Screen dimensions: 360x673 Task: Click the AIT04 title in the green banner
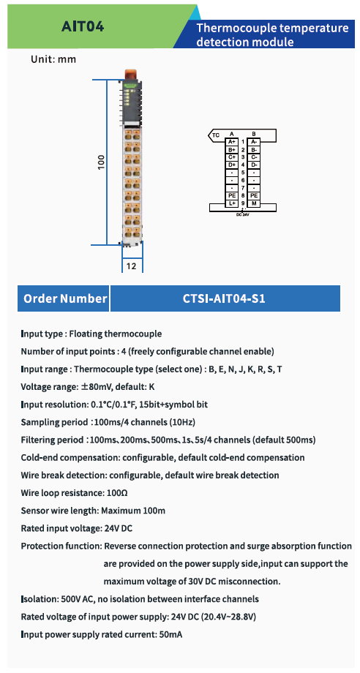(83, 27)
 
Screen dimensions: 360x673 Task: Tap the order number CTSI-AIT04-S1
(225, 298)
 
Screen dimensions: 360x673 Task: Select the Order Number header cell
(64, 298)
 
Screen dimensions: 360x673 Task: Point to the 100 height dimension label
(101, 162)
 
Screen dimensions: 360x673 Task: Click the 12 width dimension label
(131, 266)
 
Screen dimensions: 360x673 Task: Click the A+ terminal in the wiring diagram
(232, 142)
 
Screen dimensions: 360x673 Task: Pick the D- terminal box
(254, 165)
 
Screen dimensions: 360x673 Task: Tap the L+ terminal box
(232, 203)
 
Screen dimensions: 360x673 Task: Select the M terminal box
(254, 203)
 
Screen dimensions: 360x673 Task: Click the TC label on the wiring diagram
(216, 135)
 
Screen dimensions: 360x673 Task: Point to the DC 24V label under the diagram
(242, 214)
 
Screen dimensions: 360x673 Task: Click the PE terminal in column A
(232, 195)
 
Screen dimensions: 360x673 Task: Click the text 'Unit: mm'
(53, 60)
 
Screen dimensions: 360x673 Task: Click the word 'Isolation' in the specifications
(37, 598)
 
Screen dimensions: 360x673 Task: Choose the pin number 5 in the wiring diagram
(243, 173)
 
